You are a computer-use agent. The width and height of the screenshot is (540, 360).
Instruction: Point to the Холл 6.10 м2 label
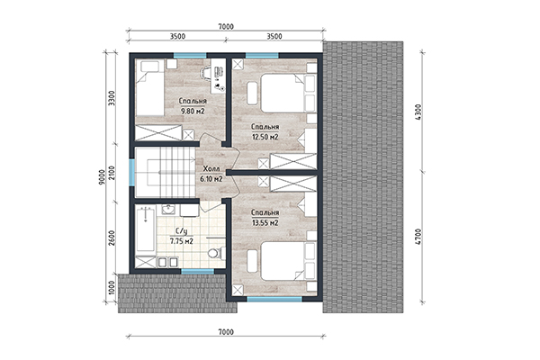click(211, 174)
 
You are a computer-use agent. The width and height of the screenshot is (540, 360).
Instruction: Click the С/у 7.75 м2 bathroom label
click(182, 236)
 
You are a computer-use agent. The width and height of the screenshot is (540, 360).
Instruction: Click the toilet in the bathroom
click(216, 253)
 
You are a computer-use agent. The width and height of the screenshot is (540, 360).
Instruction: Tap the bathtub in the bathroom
click(145, 229)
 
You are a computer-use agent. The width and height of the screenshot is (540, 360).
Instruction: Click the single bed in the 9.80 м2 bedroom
click(149, 88)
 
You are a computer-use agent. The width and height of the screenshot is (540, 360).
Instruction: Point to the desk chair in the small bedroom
click(205, 72)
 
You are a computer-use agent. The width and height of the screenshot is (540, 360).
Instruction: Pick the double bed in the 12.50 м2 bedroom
click(288, 93)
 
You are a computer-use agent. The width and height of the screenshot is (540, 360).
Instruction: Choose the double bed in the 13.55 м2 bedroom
click(288, 261)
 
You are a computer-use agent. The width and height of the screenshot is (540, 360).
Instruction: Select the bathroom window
click(198, 271)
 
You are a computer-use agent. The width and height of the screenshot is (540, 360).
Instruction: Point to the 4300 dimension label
click(418, 112)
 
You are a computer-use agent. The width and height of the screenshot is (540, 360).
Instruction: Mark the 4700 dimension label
click(418, 237)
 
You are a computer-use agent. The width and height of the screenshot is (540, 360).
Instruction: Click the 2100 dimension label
click(112, 172)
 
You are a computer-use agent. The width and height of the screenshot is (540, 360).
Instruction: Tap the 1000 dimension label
click(112, 288)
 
